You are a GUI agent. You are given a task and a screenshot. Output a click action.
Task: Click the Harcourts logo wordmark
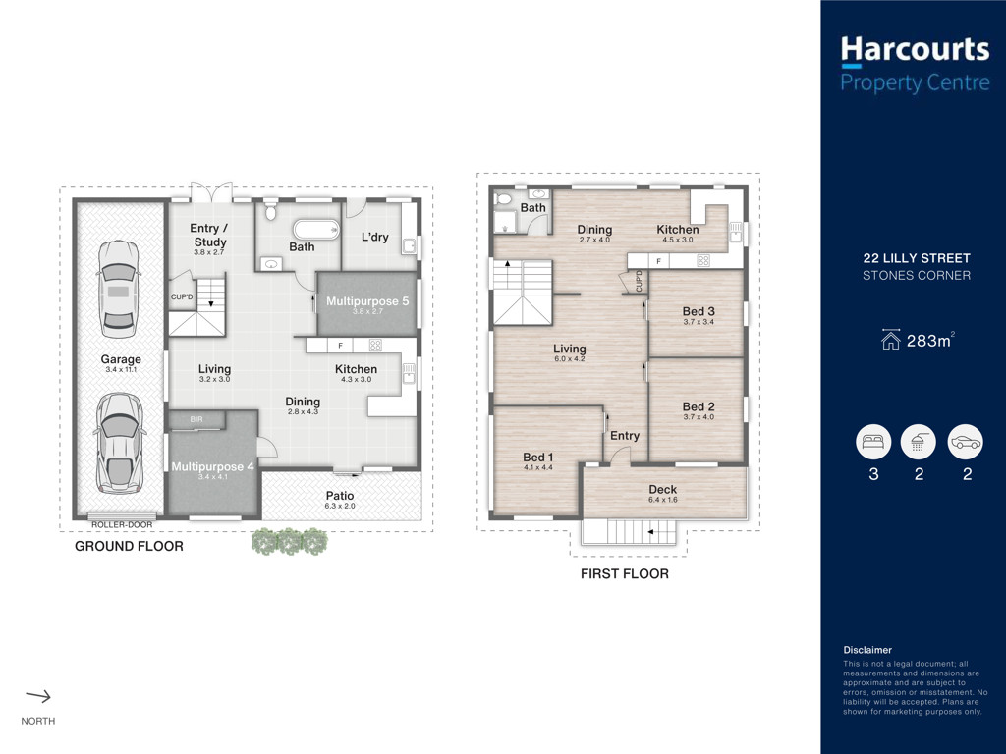tap(915, 49)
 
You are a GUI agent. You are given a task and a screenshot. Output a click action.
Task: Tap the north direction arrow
tap(38, 696)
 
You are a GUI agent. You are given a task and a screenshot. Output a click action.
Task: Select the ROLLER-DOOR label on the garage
tap(122, 524)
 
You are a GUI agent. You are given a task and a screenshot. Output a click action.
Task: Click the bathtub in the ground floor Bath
tap(316, 230)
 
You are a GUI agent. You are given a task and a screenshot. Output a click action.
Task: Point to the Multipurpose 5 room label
tap(367, 301)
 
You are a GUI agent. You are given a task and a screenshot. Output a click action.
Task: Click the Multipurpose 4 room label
tap(212, 466)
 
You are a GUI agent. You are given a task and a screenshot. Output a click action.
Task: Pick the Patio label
tap(339, 496)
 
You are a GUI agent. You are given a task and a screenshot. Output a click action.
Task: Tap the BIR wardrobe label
tap(196, 419)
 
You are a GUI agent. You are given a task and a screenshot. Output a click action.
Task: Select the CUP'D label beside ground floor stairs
tap(182, 296)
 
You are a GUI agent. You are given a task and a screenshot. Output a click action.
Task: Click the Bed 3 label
tap(699, 311)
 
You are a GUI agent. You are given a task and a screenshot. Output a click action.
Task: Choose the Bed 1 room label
tap(537, 458)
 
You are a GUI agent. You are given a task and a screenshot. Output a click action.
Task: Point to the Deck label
tap(663, 489)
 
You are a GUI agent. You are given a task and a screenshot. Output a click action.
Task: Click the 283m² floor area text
tap(930, 340)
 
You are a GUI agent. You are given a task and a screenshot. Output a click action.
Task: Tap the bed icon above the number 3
tap(873, 442)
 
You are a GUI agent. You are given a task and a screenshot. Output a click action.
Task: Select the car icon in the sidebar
tap(965, 442)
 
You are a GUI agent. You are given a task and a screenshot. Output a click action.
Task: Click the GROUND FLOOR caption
tap(129, 546)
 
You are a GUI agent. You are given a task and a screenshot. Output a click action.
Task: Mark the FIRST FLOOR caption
tap(624, 573)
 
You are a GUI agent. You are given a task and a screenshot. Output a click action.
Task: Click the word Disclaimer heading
tap(867, 650)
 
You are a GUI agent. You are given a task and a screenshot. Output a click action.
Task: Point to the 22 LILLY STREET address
tap(917, 258)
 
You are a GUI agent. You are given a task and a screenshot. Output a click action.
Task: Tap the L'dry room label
tap(374, 237)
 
